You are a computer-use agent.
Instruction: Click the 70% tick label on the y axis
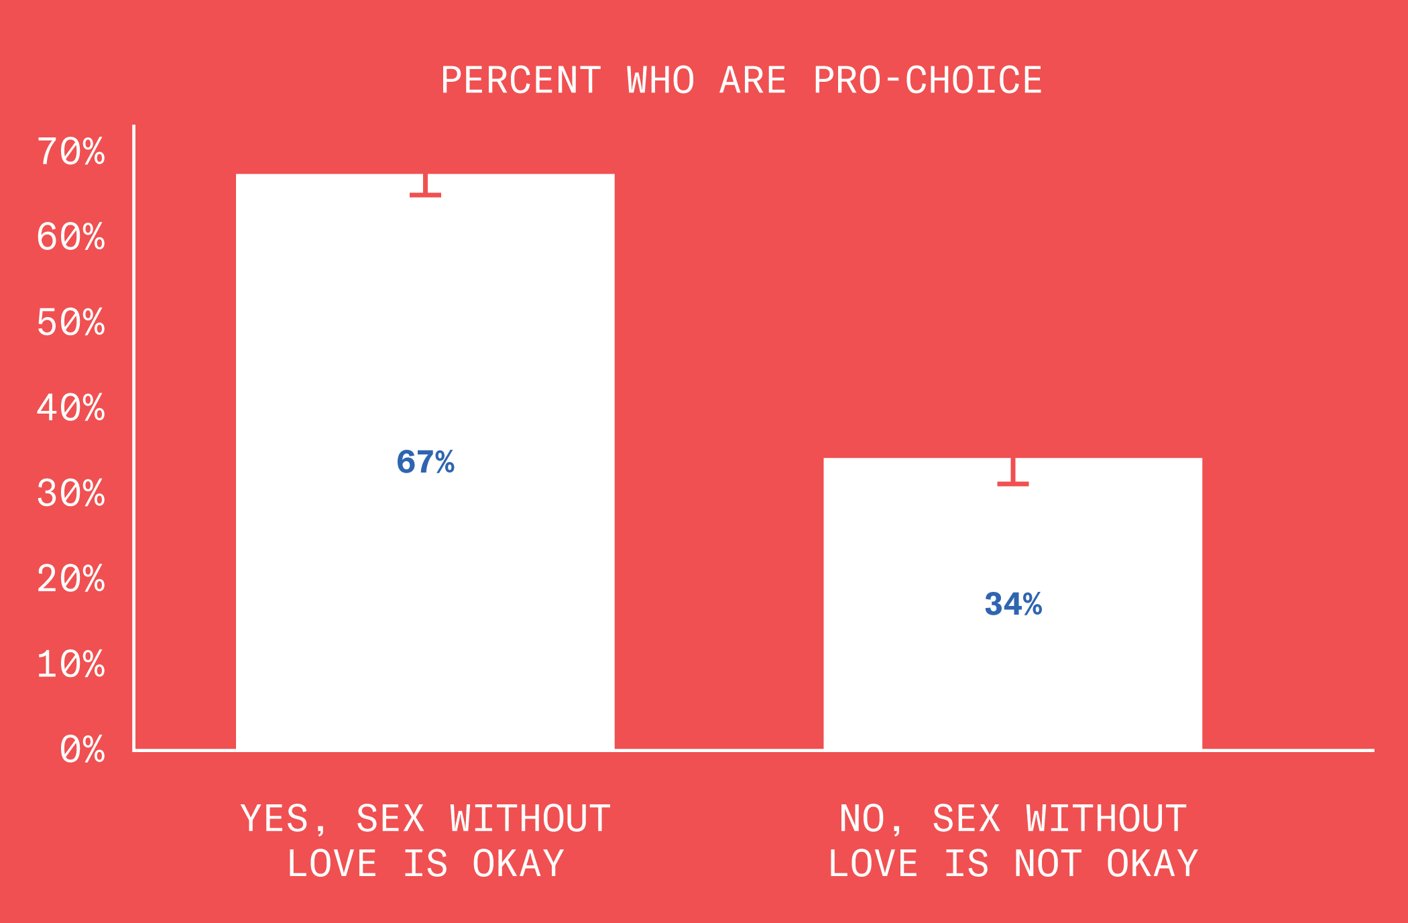pos(71,151)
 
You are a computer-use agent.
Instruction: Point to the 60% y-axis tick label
pos(71,237)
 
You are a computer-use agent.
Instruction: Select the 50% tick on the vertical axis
pos(71,322)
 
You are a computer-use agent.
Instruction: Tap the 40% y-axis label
pos(71,408)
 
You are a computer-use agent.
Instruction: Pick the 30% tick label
pos(71,494)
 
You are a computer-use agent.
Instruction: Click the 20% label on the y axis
pos(71,579)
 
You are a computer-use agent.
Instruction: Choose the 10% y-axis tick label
pos(71,665)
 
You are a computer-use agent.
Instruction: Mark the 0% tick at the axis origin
pos(82,749)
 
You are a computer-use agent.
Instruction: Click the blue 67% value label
pos(426,463)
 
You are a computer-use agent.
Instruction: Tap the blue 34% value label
pos(1013,605)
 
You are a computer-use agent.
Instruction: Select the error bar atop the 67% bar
pos(426,186)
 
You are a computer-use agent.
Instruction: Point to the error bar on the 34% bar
pos(1013,472)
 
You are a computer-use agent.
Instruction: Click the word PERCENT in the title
pos(521,81)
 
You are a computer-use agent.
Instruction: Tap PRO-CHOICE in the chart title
pos(928,81)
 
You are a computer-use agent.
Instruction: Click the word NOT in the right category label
pos(1048,864)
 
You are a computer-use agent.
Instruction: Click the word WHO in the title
pos(660,81)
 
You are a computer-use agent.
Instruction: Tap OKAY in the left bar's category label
pos(518,864)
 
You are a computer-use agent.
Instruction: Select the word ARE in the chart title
pos(753,81)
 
